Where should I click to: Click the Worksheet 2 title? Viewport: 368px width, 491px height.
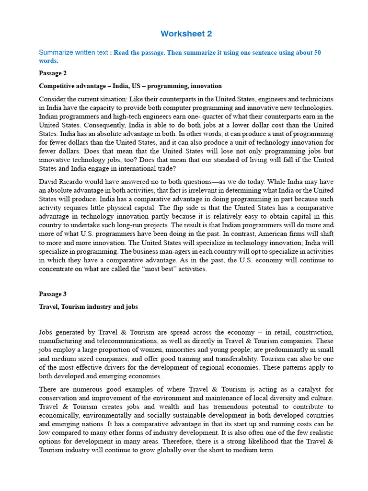[186, 34]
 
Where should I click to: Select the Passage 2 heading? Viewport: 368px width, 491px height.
[53, 73]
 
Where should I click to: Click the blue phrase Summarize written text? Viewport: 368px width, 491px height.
[73, 53]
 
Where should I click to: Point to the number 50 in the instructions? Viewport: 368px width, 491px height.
[317, 53]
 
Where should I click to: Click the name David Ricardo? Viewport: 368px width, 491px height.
[61, 182]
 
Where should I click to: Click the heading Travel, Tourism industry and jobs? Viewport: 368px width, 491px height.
[88, 307]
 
